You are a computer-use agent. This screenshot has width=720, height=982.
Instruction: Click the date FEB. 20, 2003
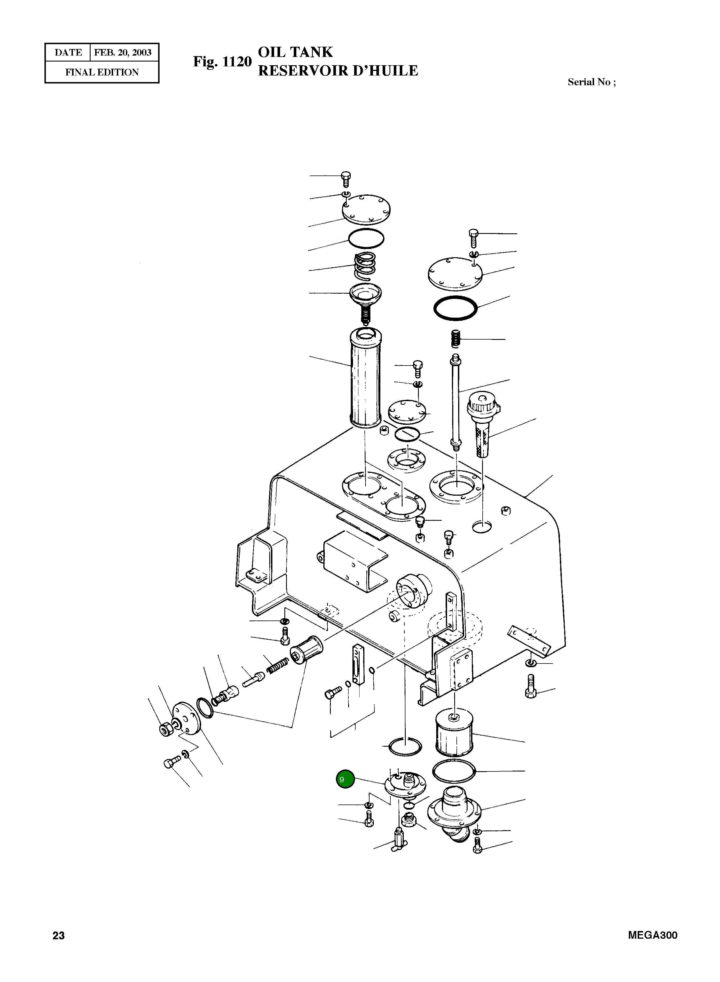pyautogui.click(x=123, y=53)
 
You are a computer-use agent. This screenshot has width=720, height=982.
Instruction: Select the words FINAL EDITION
pyautogui.click(x=102, y=72)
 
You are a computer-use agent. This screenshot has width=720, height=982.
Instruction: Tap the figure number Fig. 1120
pyautogui.click(x=222, y=62)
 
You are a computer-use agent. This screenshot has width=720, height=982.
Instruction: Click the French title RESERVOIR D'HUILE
pyautogui.click(x=338, y=71)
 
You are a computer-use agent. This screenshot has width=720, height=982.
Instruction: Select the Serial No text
pyautogui.click(x=591, y=82)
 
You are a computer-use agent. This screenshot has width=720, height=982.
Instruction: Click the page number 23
pyautogui.click(x=58, y=935)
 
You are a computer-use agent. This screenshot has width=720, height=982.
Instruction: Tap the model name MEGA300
pyautogui.click(x=652, y=935)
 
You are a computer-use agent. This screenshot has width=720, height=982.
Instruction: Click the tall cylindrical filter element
pyautogui.click(x=365, y=377)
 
